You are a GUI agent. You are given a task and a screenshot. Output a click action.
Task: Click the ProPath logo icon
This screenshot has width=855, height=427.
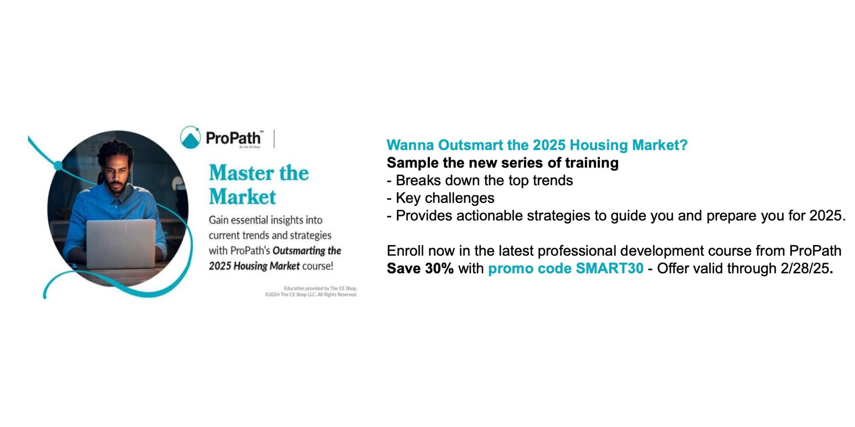coord(190,137)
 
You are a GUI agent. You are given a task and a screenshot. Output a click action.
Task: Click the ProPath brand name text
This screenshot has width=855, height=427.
coord(233,138)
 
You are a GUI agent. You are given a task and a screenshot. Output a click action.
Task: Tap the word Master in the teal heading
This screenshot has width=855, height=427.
coord(242,173)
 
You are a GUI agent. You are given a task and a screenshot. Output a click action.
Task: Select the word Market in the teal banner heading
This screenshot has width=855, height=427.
coord(242,197)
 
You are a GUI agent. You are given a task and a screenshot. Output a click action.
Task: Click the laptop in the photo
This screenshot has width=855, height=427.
coord(121,244)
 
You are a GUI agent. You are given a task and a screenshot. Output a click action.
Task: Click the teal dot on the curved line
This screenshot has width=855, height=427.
coord(58,165)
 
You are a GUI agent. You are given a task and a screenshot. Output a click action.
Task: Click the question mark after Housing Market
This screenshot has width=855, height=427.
coord(684,145)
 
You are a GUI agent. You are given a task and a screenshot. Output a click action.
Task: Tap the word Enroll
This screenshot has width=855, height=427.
coord(406,251)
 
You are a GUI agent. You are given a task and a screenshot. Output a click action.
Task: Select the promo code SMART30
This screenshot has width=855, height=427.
coord(610,269)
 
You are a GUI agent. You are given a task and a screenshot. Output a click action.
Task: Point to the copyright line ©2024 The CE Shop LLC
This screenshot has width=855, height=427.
coord(311,295)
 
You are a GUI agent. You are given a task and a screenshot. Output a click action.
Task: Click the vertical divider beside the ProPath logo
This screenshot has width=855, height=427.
coord(274,138)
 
